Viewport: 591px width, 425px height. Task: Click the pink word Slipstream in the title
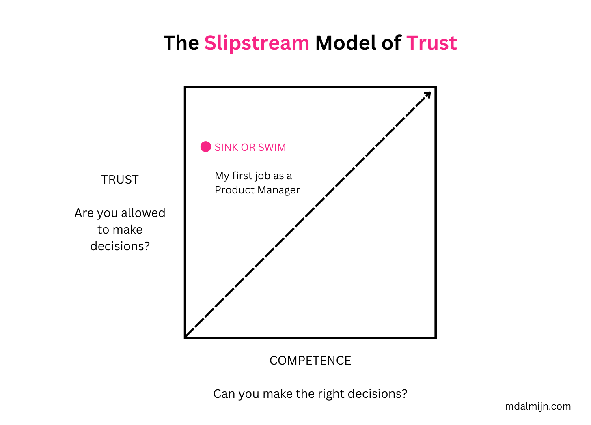pos(257,43)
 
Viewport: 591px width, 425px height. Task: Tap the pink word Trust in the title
pos(431,43)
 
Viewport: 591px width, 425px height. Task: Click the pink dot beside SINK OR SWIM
pos(206,146)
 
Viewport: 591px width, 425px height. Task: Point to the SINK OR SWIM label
pos(250,147)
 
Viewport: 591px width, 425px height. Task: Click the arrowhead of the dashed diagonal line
pos(428,94)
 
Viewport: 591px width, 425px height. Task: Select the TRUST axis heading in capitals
pos(120,180)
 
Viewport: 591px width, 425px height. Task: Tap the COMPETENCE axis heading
pos(310,361)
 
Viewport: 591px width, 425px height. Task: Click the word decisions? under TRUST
pos(120,246)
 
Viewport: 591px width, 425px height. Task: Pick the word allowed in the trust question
pos(143,213)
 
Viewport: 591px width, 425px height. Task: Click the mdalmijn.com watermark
pos(538,406)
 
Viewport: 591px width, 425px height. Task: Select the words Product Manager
pos(257,190)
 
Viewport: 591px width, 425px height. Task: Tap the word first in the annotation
pos(242,176)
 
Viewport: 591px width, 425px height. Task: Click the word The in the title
pos(181,43)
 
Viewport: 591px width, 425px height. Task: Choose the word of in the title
pos(391,43)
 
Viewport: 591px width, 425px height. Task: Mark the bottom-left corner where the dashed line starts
pos(186,336)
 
